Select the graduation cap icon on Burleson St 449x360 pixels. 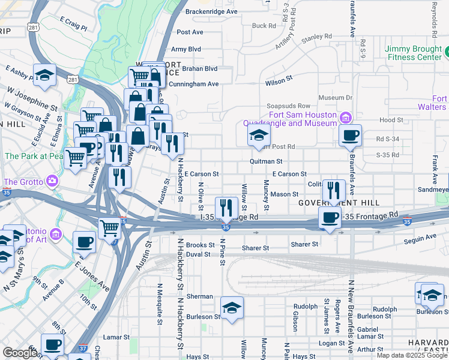click(232, 308)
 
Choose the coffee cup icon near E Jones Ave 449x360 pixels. click(84, 242)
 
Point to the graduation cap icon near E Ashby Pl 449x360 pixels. click(44, 75)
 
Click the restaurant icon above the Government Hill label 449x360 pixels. click(333, 190)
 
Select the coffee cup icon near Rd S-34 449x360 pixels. click(350, 135)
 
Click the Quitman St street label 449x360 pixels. click(266, 161)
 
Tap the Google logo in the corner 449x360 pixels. click(19, 352)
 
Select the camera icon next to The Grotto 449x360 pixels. click(53, 181)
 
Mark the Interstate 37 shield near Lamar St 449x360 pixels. click(83, 347)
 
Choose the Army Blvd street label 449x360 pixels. click(186, 49)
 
